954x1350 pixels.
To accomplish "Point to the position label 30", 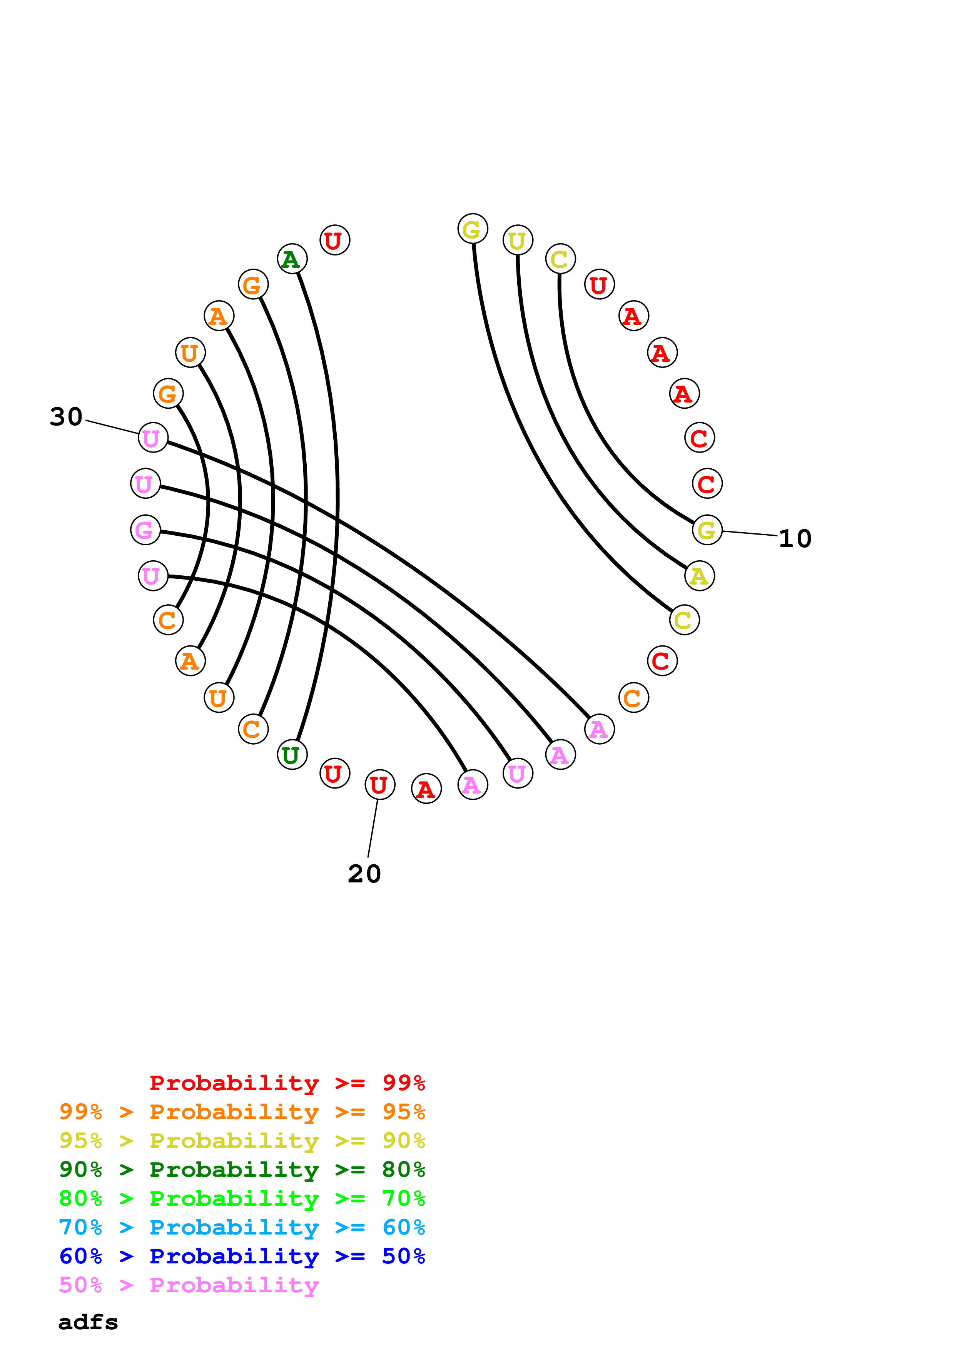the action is (x=66, y=417).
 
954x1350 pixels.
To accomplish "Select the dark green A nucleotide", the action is (x=292, y=259).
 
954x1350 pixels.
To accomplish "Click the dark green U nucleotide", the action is (x=292, y=755).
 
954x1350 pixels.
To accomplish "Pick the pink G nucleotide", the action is (x=145, y=530).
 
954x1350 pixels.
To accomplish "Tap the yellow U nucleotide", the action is (x=517, y=240).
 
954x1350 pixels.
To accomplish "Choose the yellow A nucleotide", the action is (x=699, y=576).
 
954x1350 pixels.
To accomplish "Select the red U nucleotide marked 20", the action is (x=379, y=784).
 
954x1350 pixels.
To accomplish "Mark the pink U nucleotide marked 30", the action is (x=153, y=438).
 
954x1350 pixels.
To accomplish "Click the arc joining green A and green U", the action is (x=336, y=506).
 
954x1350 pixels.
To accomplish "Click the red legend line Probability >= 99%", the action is (x=287, y=1083).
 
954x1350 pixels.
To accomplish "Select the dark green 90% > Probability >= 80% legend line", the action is (x=242, y=1170).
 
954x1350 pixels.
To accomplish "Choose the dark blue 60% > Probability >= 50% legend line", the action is (x=242, y=1256).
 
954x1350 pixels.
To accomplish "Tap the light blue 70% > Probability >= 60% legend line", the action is (x=242, y=1227).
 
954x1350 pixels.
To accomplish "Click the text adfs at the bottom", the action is (x=88, y=1322).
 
